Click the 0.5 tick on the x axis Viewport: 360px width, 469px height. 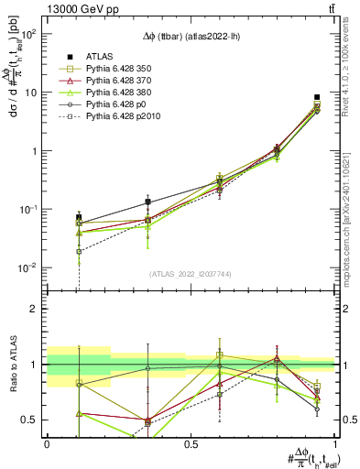tap(191, 444)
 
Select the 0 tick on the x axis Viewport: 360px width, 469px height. tap(47, 444)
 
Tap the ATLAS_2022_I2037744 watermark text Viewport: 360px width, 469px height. tap(191, 274)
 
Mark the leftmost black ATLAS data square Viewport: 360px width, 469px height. tap(79, 217)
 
